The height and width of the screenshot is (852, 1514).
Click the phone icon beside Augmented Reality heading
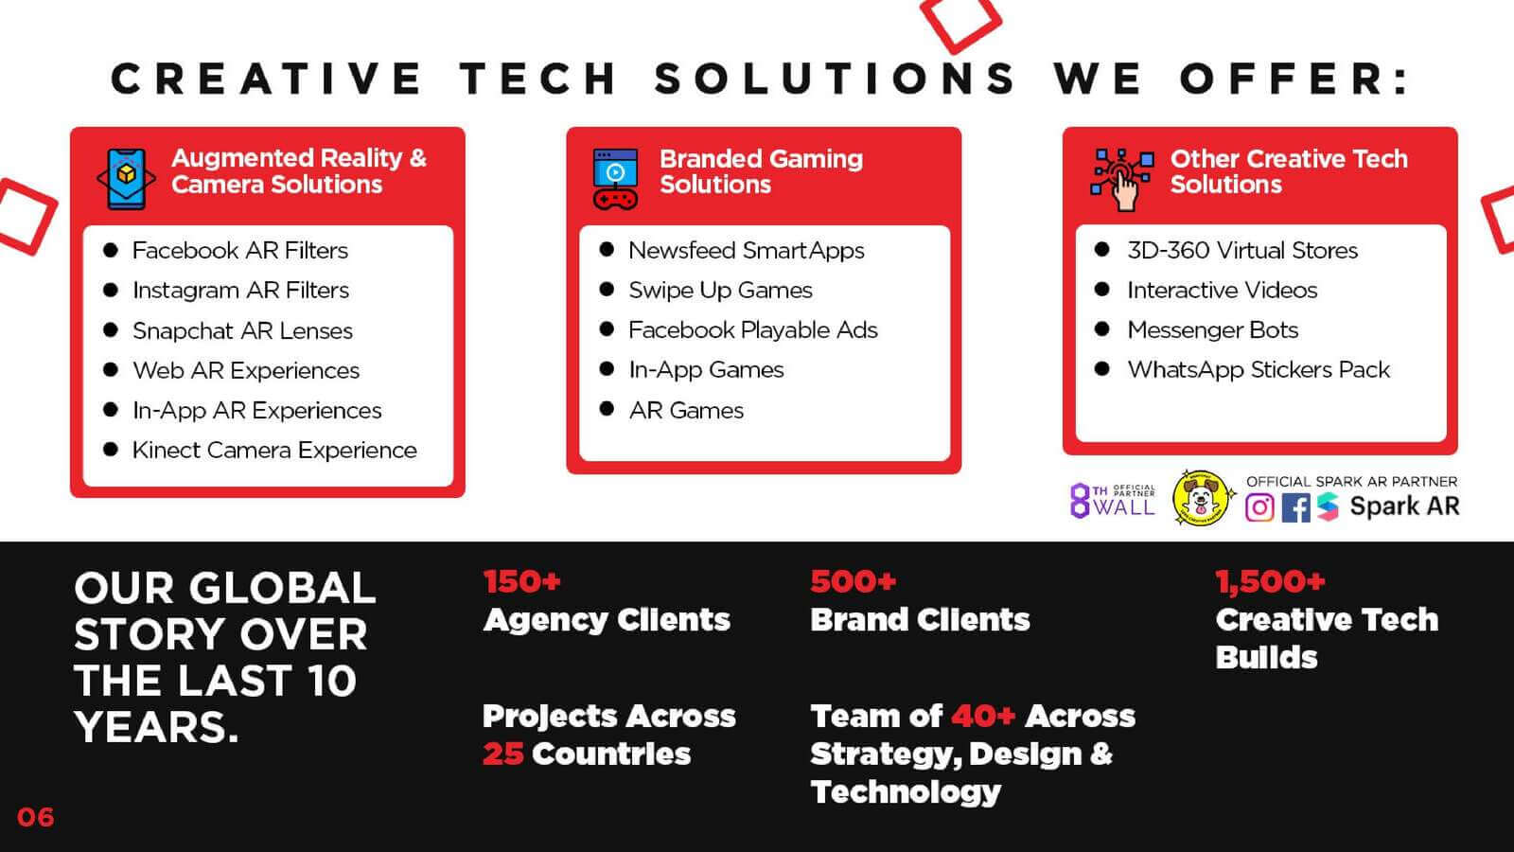[127, 179]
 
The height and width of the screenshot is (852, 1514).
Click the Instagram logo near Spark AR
[1259, 507]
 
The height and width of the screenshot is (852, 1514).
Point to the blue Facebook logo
[1295, 507]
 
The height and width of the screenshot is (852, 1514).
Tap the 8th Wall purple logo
[1113, 501]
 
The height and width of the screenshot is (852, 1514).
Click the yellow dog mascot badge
[1201, 498]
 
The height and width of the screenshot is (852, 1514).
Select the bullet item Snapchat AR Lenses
[242, 330]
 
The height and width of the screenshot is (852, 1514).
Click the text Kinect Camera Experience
[274, 450]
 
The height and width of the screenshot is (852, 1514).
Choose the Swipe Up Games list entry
[720, 290]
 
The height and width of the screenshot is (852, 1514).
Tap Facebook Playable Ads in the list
[753, 330]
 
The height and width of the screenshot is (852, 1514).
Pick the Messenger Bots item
[1212, 330]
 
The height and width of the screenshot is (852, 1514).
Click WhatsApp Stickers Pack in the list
[1259, 370]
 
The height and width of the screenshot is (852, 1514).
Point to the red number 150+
[521, 581]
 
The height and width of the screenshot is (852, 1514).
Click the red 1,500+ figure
[1270, 581]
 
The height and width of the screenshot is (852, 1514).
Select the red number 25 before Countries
[502, 754]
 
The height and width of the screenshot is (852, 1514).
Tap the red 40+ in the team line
[983, 716]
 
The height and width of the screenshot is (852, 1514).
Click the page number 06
[35, 818]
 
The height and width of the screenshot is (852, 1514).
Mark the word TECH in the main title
[537, 78]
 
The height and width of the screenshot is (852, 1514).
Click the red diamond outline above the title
[960, 24]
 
